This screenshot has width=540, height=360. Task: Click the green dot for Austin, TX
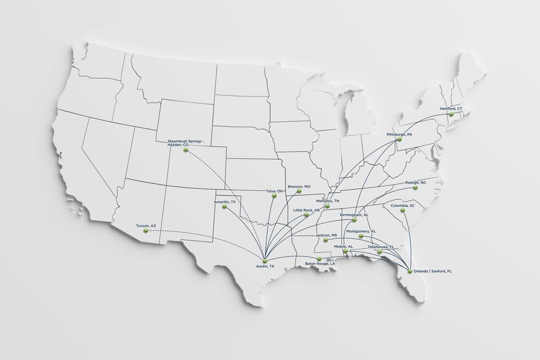tap(264, 261)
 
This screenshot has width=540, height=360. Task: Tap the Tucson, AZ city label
tap(146, 226)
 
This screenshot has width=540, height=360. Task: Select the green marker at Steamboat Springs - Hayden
tap(186, 150)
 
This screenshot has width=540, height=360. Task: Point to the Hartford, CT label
tap(451, 109)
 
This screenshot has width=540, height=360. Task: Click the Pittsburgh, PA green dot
tap(399, 139)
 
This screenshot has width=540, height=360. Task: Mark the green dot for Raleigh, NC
tap(415, 188)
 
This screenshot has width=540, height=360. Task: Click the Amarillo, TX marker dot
tap(224, 207)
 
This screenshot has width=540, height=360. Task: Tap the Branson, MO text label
tap(299, 186)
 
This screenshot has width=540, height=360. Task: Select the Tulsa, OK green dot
tap(274, 196)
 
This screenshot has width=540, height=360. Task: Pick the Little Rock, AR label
tap(306, 210)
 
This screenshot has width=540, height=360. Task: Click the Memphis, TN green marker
tap(327, 206)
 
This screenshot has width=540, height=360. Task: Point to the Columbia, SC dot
tap(403, 210)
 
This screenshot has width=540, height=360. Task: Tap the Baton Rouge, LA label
tap(320, 264)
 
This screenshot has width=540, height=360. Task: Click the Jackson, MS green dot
tap(326, 240)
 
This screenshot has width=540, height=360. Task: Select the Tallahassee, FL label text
tap(381, 246)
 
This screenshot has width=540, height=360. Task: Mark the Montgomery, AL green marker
tap(361, 236)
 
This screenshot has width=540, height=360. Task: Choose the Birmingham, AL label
tap(354, 214)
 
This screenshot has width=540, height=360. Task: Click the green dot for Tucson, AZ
tap(146, 231)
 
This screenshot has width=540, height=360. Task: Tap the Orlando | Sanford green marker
tap(409, 271)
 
